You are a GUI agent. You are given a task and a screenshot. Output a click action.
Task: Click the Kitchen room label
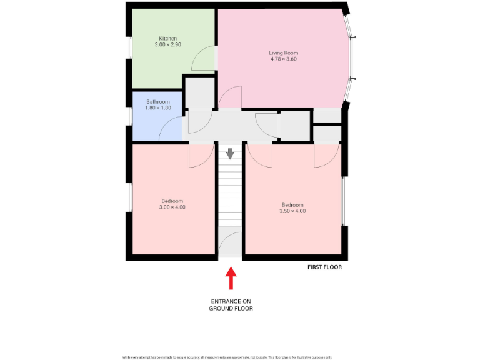pyautogui.click(x=167, y=39)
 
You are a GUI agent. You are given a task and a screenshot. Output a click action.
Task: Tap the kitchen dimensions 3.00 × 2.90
pyautogui.click(x=167, y=45)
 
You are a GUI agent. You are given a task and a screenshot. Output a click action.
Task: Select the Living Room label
pyautogui.click(x=283, y=53)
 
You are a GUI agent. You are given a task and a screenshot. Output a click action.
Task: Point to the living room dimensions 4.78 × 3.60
pyautogui.click(x=283, y=59)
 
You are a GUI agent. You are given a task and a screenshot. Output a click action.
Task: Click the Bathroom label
pyautogui.click(x=158, y=102)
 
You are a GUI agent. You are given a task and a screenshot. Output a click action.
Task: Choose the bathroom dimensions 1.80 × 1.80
pyautogui.click(x=158, y=108)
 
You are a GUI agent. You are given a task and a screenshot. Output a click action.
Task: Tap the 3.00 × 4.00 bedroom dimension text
pyautogui.click(x=172, y=207)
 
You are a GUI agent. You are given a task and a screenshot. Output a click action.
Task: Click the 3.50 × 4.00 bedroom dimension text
pyautogui.click(x=292, y=211)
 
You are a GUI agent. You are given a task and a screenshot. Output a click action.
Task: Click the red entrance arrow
pyautogui.click(x=231, y=278)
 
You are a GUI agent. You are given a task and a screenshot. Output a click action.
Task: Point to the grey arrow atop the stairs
pyautogui.click(x=230, y=153)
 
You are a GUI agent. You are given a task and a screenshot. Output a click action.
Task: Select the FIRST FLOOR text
pyautogui.click(x=324, y=267)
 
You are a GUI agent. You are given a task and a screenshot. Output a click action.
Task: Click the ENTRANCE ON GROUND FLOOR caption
pyautogui.click(x=231, y=304)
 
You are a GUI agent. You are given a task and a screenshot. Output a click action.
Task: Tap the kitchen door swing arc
pyautogui.click(x=203, y=59)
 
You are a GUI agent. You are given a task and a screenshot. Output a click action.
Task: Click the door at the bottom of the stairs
pyautogui.click(x=230, y=244)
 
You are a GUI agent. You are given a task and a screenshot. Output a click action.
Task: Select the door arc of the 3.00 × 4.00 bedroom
pyautogui.click(x=201, y=156)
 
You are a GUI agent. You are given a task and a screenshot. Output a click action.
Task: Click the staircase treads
pyautogui.click(x=230, y=200)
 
